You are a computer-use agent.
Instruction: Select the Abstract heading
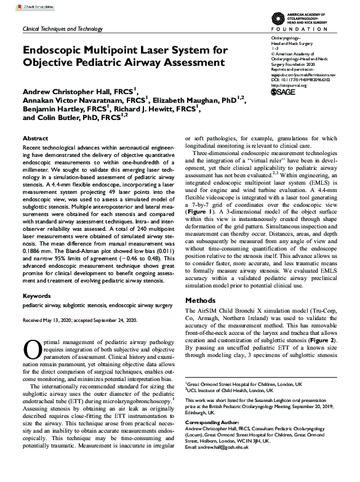[36, 139]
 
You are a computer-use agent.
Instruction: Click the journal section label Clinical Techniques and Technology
[63, 29]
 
